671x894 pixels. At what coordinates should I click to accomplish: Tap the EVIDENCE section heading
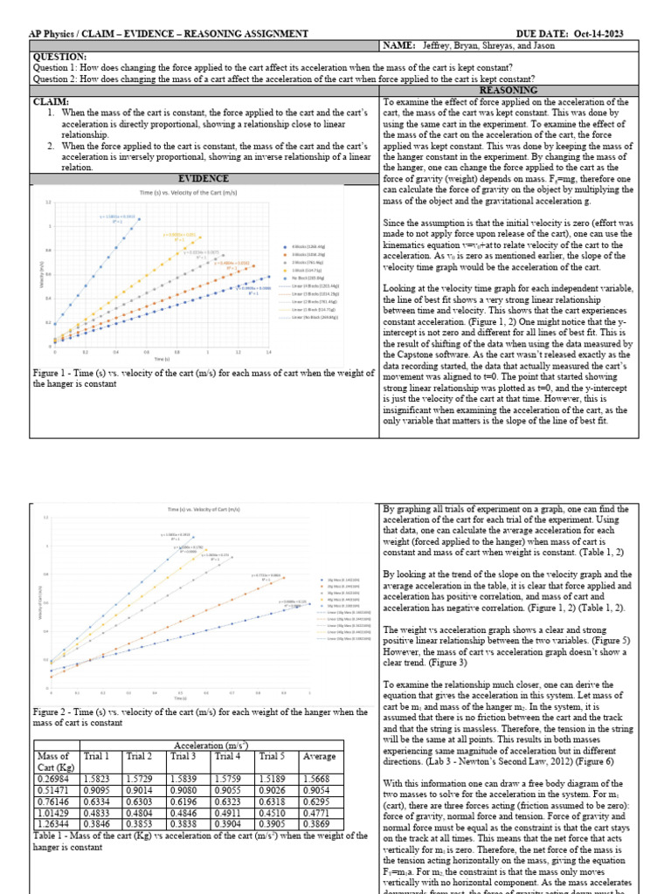[203, 178]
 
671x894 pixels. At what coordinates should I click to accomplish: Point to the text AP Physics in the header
[55, 32]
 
